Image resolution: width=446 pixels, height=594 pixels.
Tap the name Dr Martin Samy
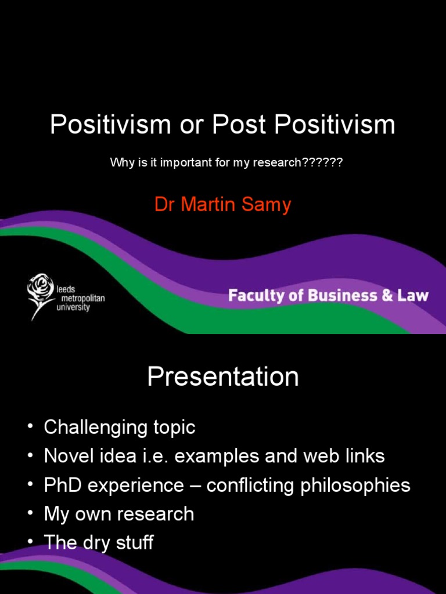[222, 205]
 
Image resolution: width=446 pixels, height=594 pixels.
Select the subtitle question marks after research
[322, 162]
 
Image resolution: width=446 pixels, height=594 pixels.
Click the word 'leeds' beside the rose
[66, 288]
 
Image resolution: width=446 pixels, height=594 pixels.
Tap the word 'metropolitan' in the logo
[81, 298]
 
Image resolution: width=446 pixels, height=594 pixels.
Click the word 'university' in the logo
[73, 307]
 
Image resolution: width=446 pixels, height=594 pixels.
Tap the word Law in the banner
[412, 296]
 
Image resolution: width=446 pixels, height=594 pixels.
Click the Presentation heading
[223, 377]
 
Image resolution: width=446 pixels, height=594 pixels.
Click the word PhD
[63, 486]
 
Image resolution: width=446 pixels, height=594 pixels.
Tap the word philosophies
[355, 486]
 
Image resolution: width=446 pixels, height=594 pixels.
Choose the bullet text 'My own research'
[119, 514]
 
